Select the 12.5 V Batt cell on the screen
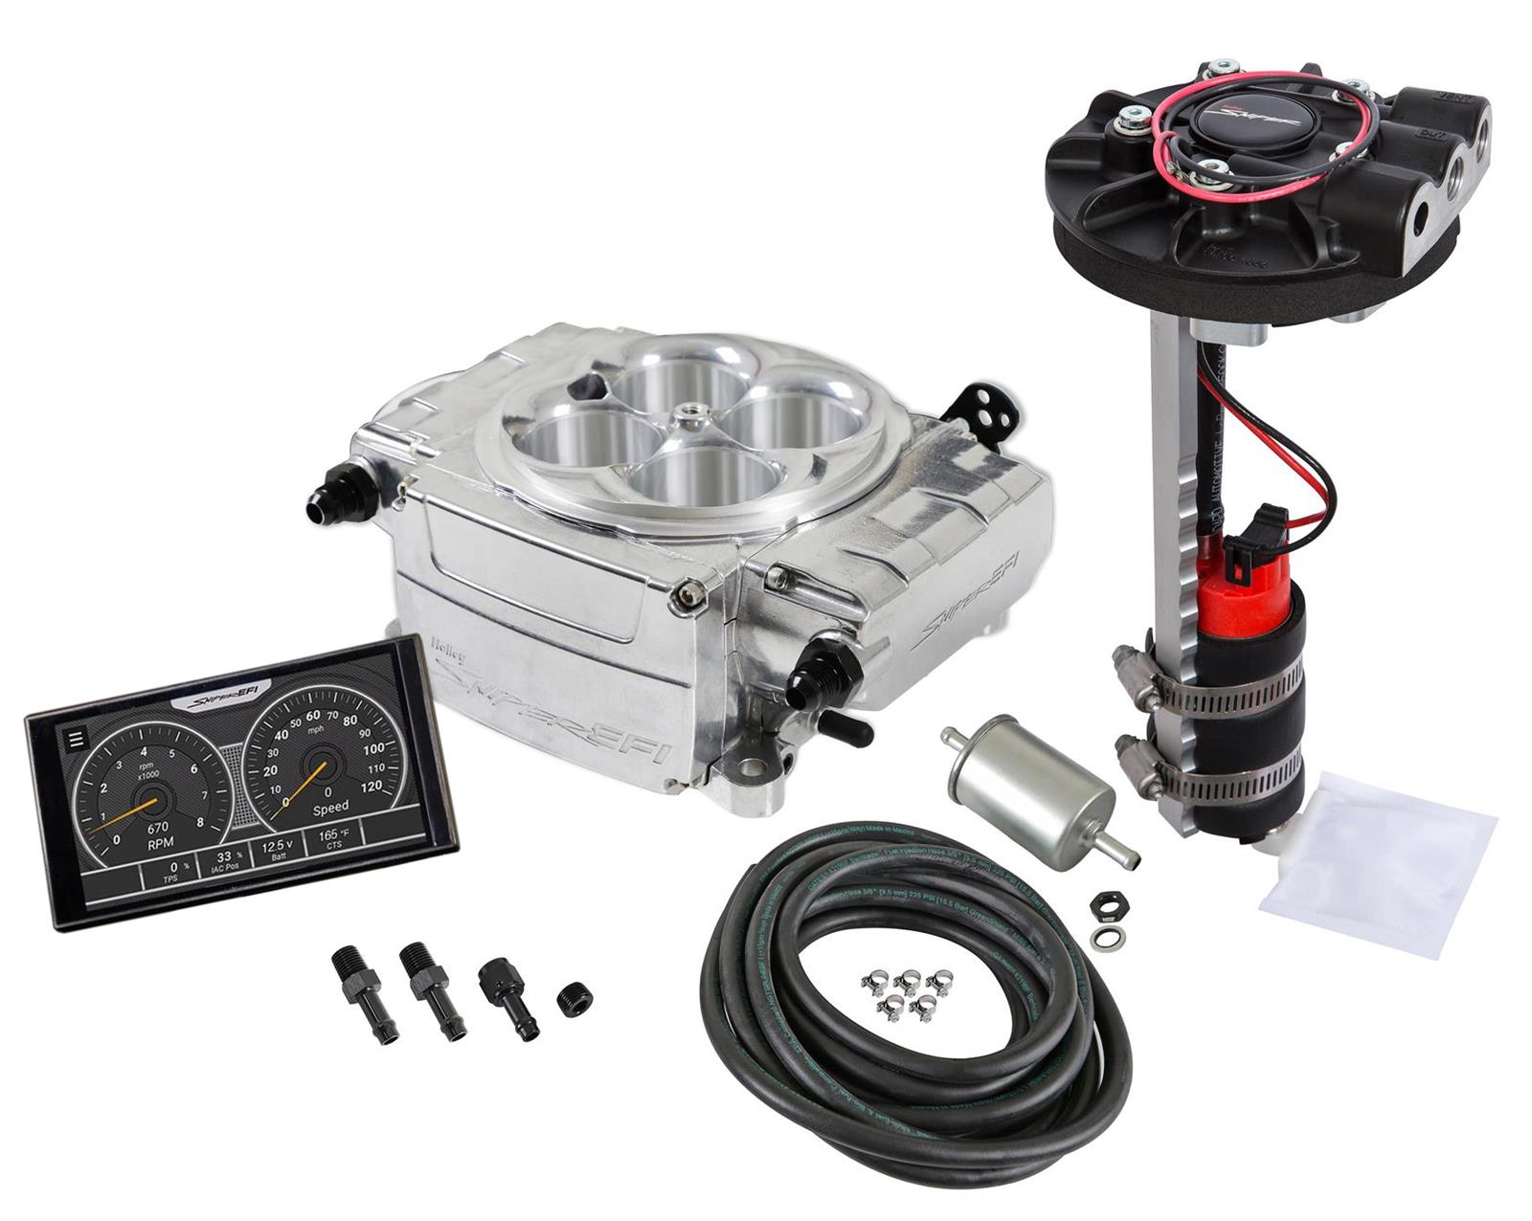click(x=277, y=850)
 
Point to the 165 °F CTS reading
click(x=328, y=839)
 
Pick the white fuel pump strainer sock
click(x=1379, y=864)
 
